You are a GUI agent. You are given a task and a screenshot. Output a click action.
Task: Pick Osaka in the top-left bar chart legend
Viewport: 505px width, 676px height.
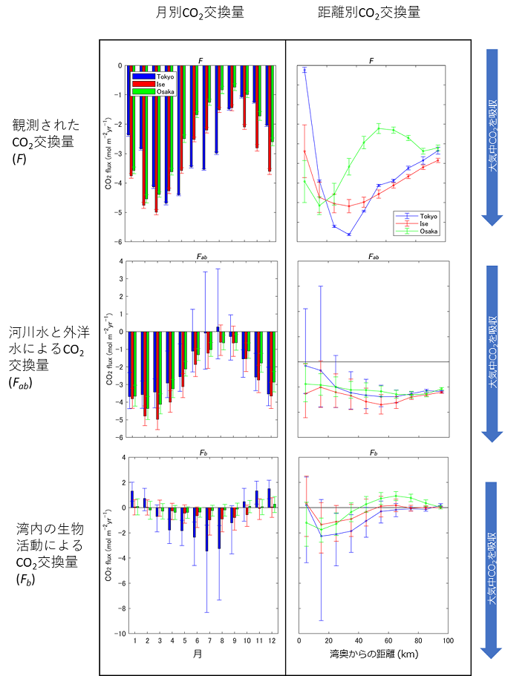[x=165, y=91]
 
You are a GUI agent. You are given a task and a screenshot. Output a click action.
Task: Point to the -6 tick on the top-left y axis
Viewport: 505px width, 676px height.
[x=119, y=242]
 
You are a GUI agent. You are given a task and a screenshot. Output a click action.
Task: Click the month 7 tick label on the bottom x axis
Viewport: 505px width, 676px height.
[x=209, y=640]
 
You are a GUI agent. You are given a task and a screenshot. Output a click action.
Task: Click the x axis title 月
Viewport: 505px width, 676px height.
[x=198, y=655]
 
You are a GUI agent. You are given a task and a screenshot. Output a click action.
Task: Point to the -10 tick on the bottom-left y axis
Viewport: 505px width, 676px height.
[x=117, y=634]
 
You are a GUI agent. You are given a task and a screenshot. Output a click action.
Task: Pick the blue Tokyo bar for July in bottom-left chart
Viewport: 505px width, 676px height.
[x=206, y=529]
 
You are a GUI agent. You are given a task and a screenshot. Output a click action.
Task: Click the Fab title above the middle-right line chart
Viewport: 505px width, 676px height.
[x=373, y=256]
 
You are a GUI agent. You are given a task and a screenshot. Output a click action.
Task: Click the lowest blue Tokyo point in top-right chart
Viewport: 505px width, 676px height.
[x=349, y=234]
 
